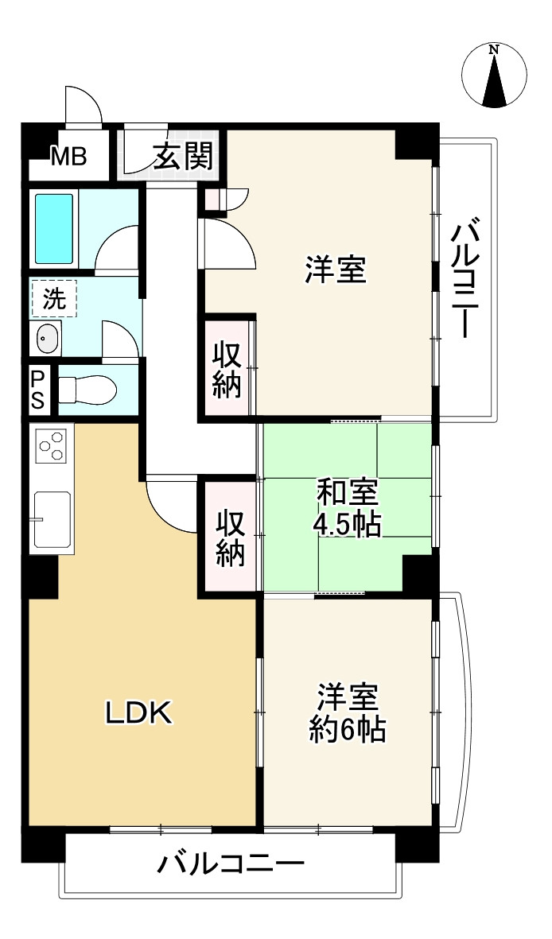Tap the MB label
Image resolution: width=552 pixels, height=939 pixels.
(69, 157)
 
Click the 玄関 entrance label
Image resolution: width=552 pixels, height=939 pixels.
(183, 157)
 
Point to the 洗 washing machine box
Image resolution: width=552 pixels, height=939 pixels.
(54, 299)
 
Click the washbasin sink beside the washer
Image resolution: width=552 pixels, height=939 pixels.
(47, 340)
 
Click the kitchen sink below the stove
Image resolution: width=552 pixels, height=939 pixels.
(52, 518)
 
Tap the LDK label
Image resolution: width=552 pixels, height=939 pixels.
(139, 713)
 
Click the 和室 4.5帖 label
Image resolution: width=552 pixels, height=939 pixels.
(348, 509)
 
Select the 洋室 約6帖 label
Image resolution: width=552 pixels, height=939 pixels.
(348, 712)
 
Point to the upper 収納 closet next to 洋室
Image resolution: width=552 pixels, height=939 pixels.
(227, 368)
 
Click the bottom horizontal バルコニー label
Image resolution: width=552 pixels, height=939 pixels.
(230, 863)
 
